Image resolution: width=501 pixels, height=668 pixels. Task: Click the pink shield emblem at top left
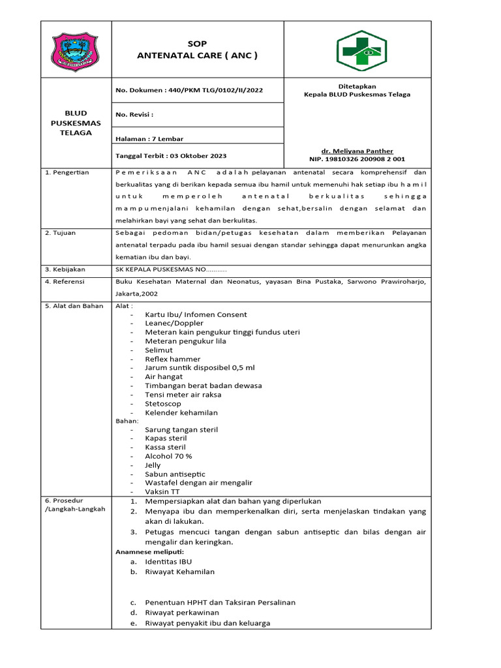(x=76, y=50)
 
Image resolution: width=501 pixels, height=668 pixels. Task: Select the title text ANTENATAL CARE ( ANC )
(x=197, y=55)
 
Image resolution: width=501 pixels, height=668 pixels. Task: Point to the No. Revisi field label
(x=134, y=114)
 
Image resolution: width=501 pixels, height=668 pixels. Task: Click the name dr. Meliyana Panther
(x=357, y=151)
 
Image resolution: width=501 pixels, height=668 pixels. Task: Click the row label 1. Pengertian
(x=67, y=172)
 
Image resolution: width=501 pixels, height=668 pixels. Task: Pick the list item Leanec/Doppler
(x=174, y=323)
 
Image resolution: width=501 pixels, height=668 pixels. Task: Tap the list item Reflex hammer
(x=172, y=359)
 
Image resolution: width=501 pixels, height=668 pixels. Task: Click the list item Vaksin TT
(x=162, y=491)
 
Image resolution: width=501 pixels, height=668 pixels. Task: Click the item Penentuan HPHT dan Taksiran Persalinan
(x=220, y=602)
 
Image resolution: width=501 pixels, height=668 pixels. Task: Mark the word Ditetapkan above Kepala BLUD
(x=357, y=86)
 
